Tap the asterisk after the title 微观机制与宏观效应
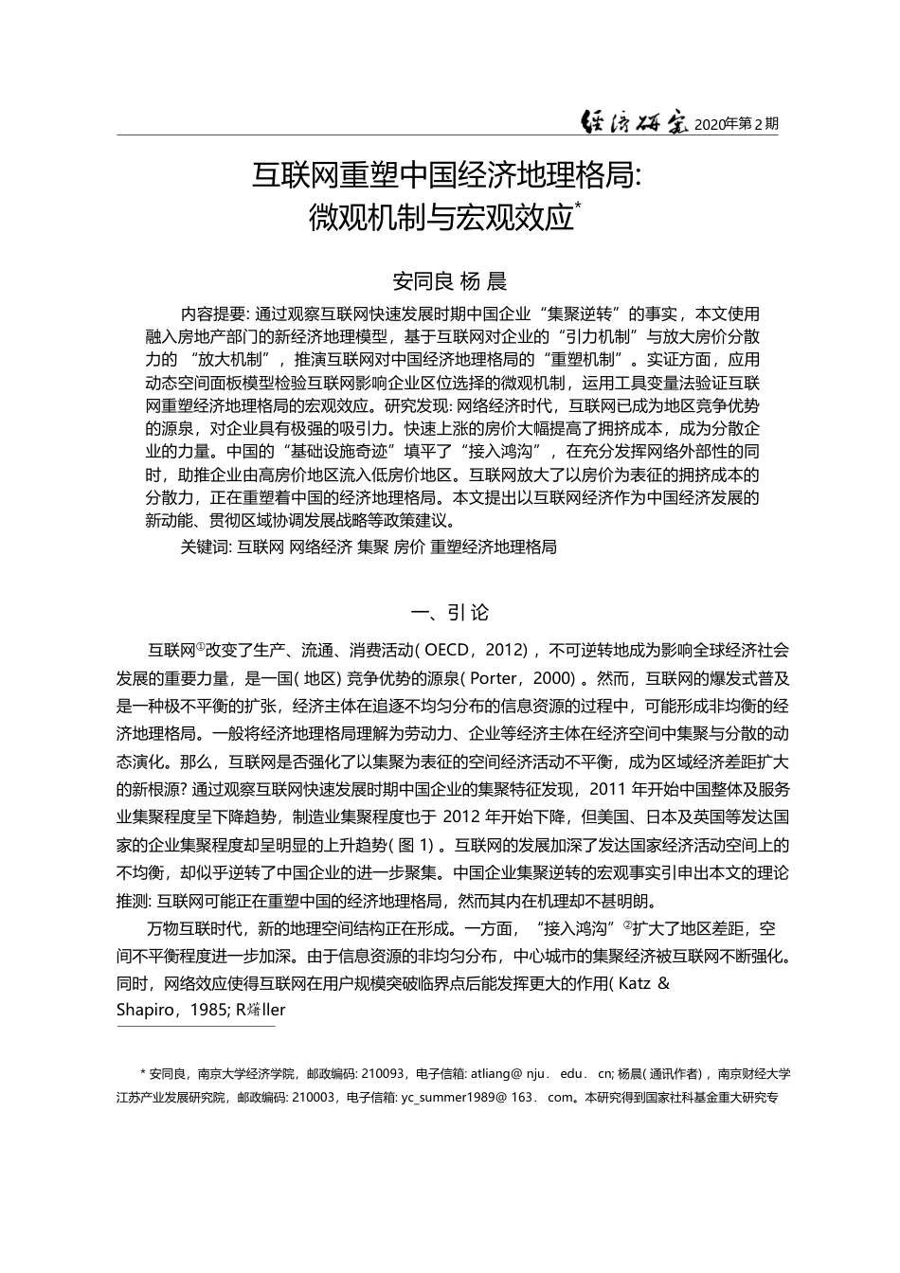[578, 208]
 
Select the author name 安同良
[423, 281]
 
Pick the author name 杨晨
[483, 281]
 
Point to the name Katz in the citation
[634, 983]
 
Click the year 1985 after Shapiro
[207, 1010]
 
